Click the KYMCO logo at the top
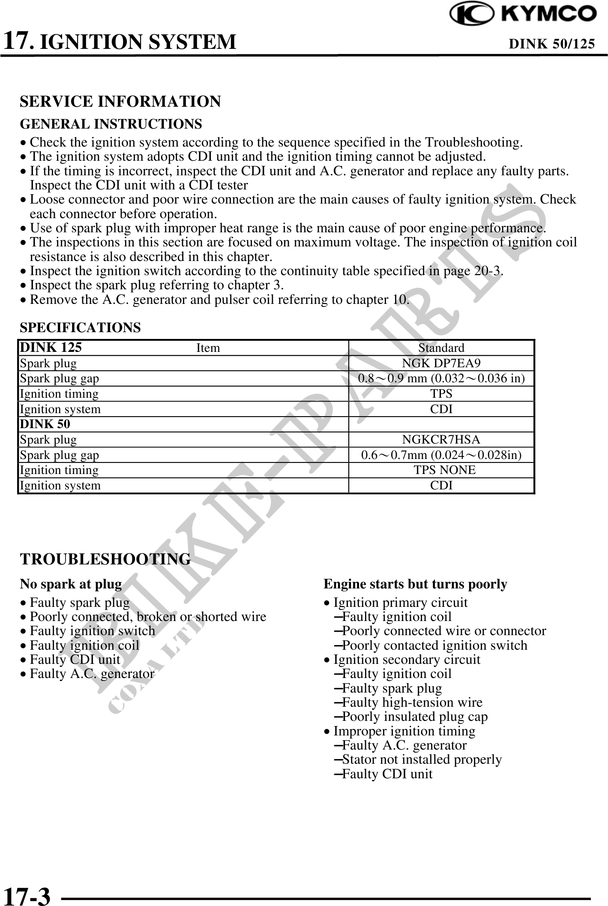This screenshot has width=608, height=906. pyautogui.click(x=523, y=14)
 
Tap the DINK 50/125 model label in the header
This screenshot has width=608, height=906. pyautogui.click(x=551, y=44)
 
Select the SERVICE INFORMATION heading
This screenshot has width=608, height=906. pyautogui.click(x=120, y=102)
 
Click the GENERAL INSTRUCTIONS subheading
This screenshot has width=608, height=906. pyautogui.click(x=111, y=124)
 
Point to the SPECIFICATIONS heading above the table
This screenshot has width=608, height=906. pyautogui.click(x=80, y=327)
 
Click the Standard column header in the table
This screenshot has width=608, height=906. pyautogui.click(x=441, y=348)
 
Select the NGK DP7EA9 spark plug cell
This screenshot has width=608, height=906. pyautogui.click(x=441, y=363)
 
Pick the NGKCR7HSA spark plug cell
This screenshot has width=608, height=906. pyautogui.click(x=441, y=439)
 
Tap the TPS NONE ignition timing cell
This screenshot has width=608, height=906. pyautogui.click(x=444, y=470)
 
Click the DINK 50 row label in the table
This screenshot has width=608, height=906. pyautogui.click(x=45, y=424)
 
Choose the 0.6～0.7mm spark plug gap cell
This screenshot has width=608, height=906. pyautogui.click(x=441, y=455)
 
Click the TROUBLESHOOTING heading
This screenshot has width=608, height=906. pyautogui.click(x=105, y=559)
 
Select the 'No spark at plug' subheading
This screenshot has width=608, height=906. pyautogui.click(x=71, y=584)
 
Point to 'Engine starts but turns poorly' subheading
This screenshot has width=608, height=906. pyautogui.click(x=415, y=584)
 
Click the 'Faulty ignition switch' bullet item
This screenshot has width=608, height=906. pyautogui.click(x=92, y=631)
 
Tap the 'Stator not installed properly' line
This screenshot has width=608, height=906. pyautogui.click(x=422, y=759)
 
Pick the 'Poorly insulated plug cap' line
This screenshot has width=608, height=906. pyautogui.click(x=415, y=717)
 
